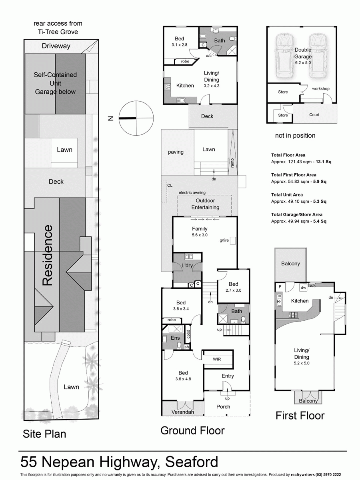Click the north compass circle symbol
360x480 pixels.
point(136,118)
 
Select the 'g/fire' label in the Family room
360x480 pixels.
point(224,241)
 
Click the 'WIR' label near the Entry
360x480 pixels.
point(217,359)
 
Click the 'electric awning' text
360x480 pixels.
point(194,192)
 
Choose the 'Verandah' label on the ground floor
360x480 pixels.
point(183,412)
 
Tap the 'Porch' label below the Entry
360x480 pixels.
point(223,406)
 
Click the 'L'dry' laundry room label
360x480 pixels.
point(187,266)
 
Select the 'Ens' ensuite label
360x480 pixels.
point(175,338)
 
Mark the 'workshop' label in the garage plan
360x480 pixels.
point(321,88)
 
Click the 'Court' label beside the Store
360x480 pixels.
point(314,115)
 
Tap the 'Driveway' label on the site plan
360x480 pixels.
point(56,46)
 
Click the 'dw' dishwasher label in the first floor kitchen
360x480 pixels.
point(303,287)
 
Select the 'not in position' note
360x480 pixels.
point(295,136)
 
